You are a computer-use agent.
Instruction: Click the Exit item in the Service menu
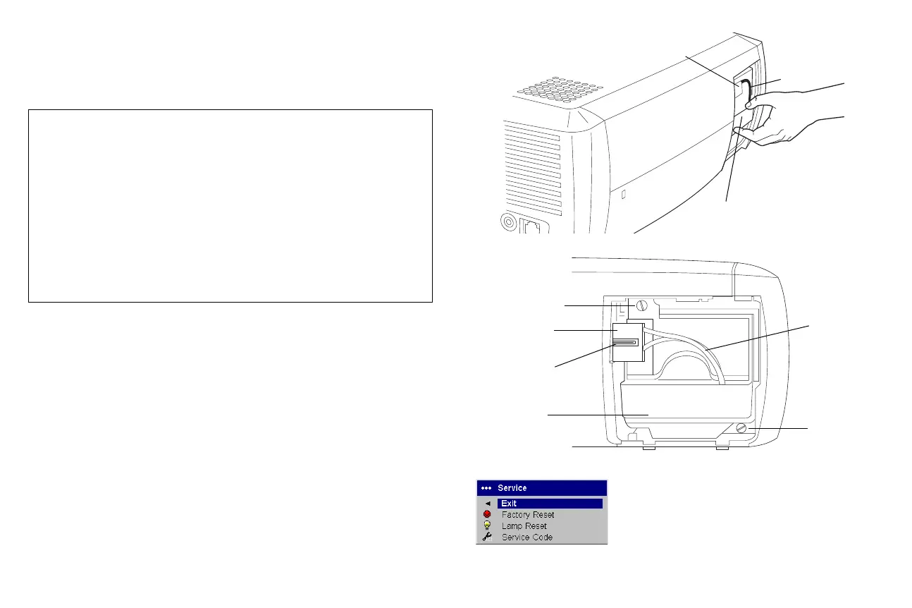(509, 504)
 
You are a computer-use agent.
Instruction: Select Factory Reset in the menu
(527, 515)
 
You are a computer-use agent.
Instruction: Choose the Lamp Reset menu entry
(524, 526)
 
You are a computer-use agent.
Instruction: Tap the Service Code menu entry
(526, 537)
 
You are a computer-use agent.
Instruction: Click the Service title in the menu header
(512, 487)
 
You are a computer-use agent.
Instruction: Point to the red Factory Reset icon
(487, 515)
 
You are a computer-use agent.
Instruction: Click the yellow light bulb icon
(487, 526)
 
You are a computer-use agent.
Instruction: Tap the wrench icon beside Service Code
(487, 537)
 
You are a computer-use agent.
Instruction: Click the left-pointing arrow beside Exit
(487, 504)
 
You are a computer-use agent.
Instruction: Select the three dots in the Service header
(485, 487)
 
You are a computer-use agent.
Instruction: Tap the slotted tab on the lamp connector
(626, 342)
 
